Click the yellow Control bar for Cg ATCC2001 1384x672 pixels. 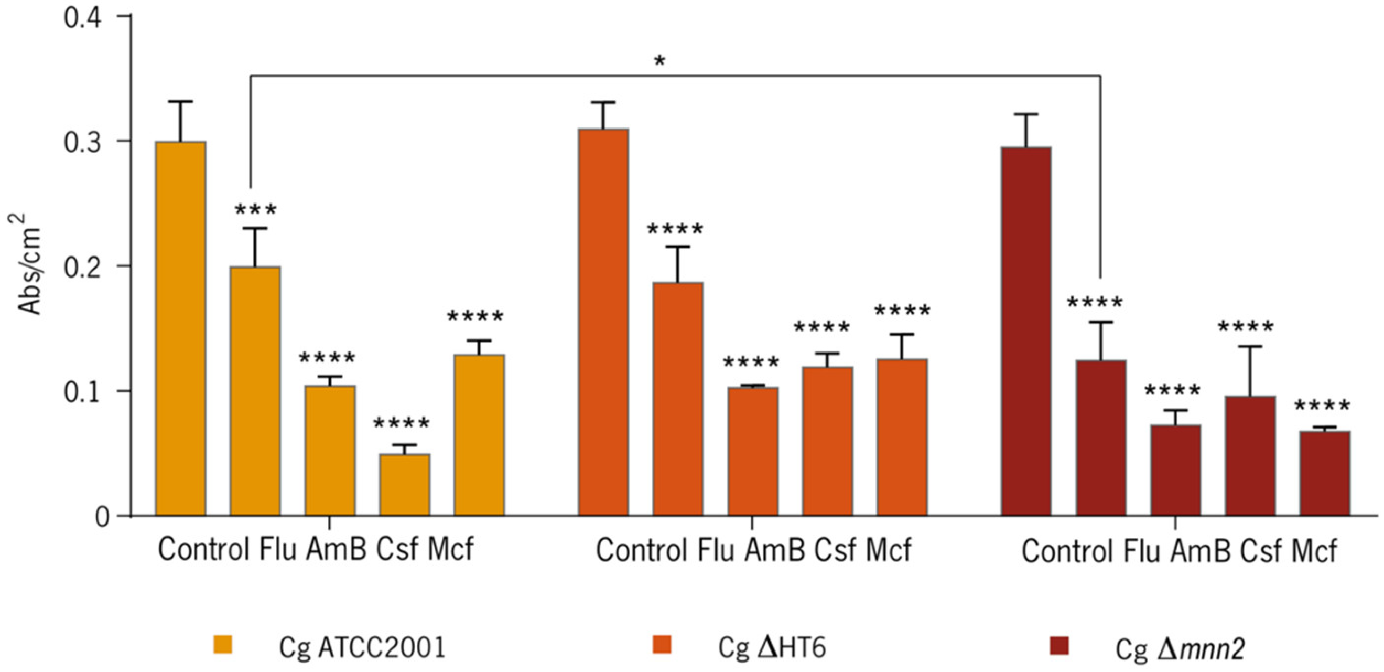click(x=180, y=328)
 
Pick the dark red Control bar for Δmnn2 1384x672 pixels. click(x=1025, y=330)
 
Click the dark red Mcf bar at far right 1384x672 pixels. click(x=1324, y=473)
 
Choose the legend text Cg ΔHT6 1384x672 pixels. click(x=772, y=648)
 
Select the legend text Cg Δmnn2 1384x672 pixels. click(x=1180, y=649)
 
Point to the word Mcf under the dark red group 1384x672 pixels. click(x=1314, y=551)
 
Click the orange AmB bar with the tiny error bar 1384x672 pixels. click(x=753, y=452)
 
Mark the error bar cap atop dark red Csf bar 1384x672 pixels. click(x=1250, y=347)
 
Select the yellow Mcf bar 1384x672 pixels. click(x=479, y=435)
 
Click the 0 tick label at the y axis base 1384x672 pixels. click(x=102, y=517)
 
